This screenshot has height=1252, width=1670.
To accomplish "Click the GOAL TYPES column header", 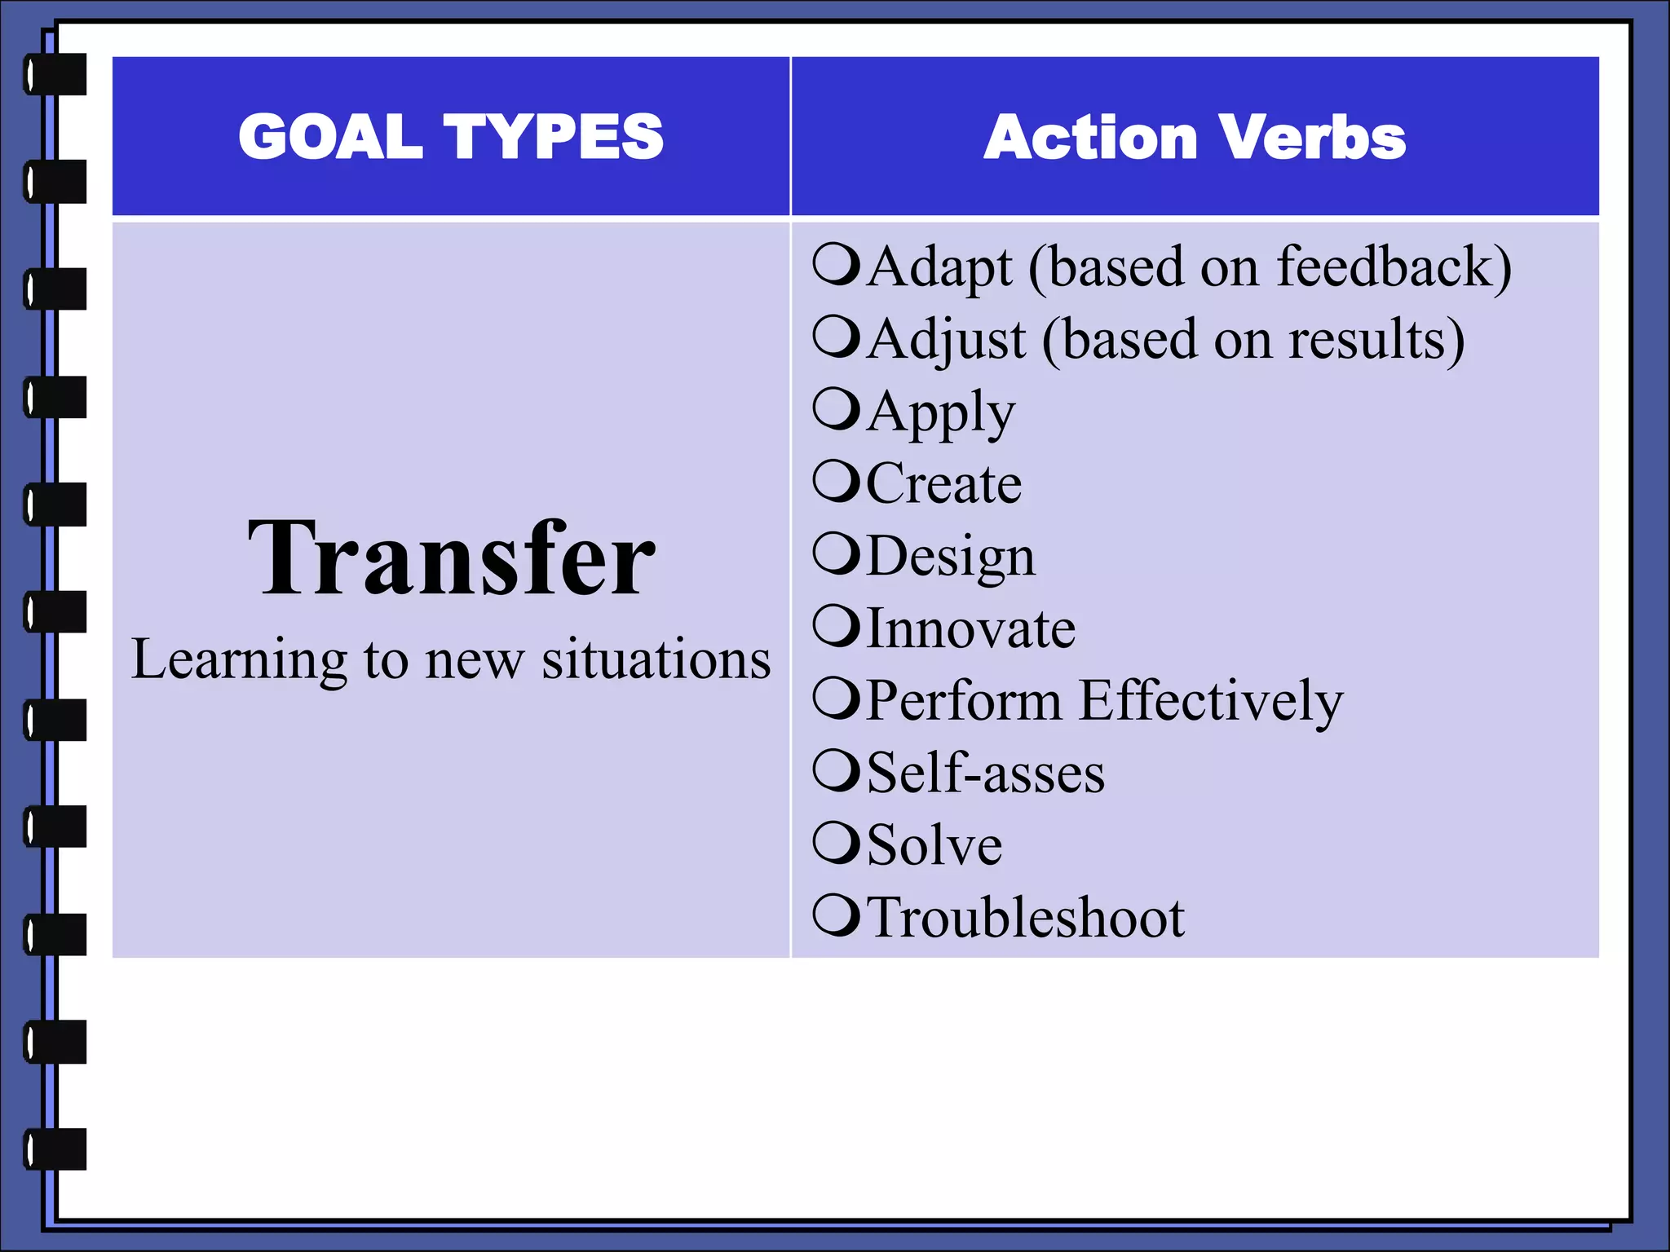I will point(451,136).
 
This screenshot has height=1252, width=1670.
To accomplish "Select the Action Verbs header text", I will point(1195,137).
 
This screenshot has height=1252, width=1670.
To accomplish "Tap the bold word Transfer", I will point(451,559).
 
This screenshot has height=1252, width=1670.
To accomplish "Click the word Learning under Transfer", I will point(239,660).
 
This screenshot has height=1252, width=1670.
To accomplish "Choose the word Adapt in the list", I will point(939,267).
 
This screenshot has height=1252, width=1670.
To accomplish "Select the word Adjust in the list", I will point(946,340).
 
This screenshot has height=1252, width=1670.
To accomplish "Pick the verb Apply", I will point(941,412).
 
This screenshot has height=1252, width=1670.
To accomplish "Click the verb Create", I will point(943,484).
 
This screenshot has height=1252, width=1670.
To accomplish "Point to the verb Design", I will point(950,558).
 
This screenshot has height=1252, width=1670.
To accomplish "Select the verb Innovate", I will point(970,628).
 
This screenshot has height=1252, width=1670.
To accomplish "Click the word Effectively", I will point(1210,701).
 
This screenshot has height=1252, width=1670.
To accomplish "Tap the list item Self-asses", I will point(985,773).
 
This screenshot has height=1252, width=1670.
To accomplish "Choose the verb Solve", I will point(934,845).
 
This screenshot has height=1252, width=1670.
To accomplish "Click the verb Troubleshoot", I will point(1025,918).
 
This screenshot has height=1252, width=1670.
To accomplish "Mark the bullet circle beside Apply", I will point(836,408).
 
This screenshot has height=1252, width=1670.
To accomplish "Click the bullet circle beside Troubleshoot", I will point(836,915).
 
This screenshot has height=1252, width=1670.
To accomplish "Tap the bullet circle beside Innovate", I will point(836,625).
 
